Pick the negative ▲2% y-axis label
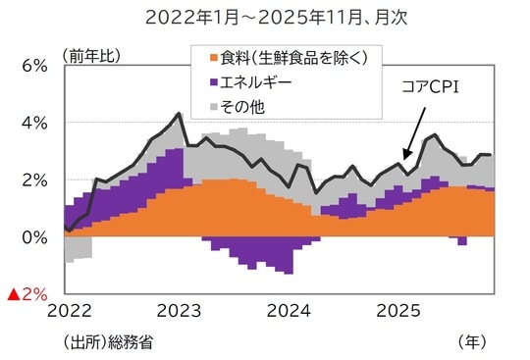[x=28, y=294]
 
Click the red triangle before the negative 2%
[x=14, y=294]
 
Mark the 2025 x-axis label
[x=398, y=311]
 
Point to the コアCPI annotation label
[x=431, y=87]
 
